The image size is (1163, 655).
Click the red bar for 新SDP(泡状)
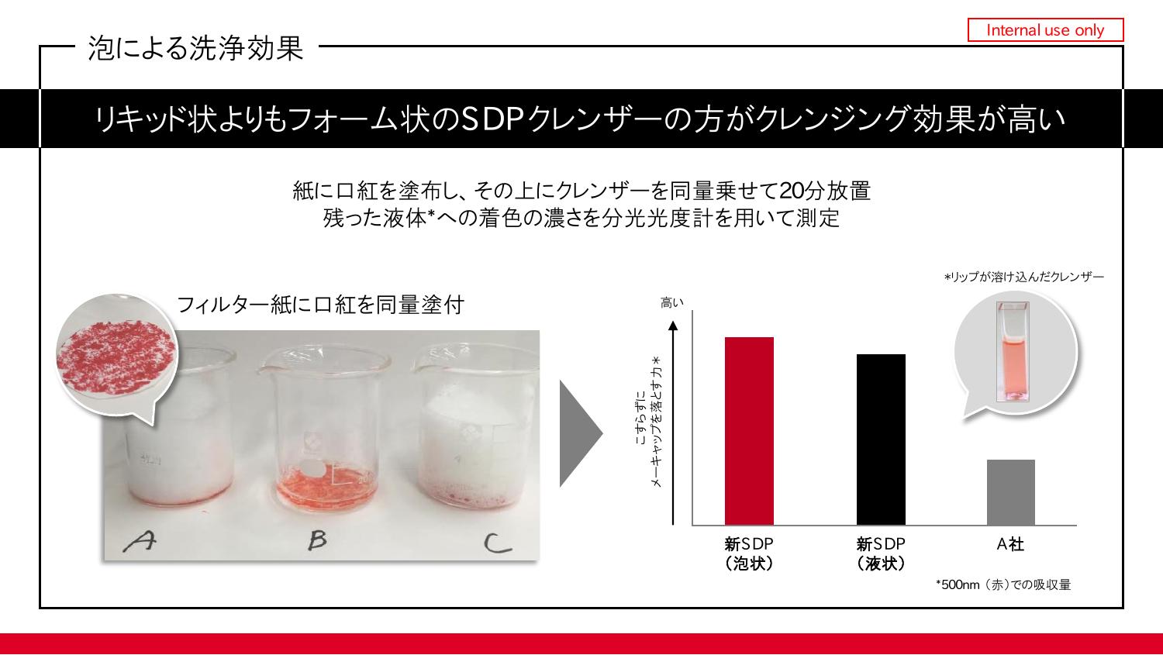pyautogui.click(x=749, y=431)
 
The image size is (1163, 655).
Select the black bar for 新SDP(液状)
pyautogui.click(x=881, y=440)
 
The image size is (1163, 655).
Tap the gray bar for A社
pyautogui.click(x=1011, y=492)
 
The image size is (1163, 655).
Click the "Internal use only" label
pyautogui.click(x=1045, y=30)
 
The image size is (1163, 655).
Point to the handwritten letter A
pyautogui.click(x=140, y=541)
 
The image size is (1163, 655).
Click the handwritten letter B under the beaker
pyautogui.click(x=316, y=540)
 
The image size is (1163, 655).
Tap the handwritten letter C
pyautogui.click(x=497, y=543)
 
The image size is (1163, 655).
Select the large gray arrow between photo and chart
pyautogui.click(x=581, y=433)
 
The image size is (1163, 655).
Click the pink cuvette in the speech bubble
pyautogui.click(x=1013, y=352)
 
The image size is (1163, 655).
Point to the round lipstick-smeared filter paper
pyautogui.click(x=117, y=355)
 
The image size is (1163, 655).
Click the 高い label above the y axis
pyautogui.click(x=671, y=302)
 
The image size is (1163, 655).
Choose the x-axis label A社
pyautogui.click(x=1010, y=544)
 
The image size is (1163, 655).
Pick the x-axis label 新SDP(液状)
pyautogui.click(x=881, y=553)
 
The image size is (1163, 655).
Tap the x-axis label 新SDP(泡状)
pyautogui.click(x=749, y=553)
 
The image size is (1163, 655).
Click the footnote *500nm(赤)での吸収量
pyautogui.click(x=1003, y=585)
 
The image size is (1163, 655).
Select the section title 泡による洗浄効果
pyautogui.click(x=195, y=48)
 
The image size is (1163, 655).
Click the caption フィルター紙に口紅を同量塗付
pyautogui.click(x=320, y=305)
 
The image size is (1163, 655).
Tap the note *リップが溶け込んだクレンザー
pyautogui.click(x=1024, y=277)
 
